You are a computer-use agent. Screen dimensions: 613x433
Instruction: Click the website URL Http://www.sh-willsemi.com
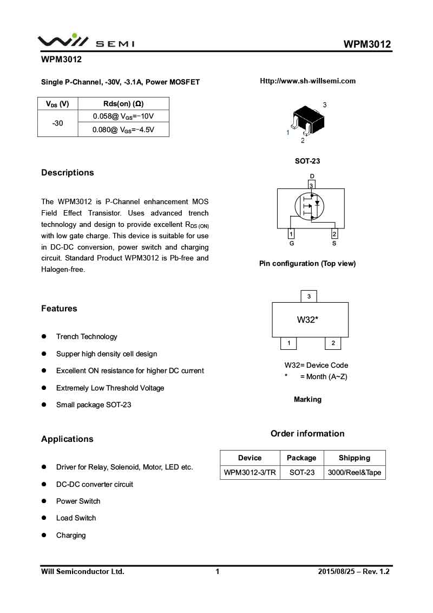tap(307, 81)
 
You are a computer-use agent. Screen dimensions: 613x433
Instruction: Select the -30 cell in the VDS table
tap(57, 123)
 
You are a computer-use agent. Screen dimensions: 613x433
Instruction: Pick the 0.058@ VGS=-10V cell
tap(123, 116)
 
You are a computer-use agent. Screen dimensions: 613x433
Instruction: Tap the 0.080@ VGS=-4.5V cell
tap(123, 130)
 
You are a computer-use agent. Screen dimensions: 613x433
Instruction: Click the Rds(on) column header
tap(123, 104)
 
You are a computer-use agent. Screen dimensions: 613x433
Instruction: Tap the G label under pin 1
tap(291, 244)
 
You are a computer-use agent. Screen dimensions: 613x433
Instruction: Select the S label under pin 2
tap(334, 244)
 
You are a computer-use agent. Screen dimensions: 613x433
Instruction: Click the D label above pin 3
tap(312, 176)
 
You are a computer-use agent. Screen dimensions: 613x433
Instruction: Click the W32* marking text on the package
tap(307, 319)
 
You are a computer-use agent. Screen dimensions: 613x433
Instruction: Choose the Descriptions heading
tap(68, 173)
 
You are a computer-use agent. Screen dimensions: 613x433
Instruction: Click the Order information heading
tap(307, 434)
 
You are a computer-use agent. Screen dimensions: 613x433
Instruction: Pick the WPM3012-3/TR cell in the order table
tap(250, 472)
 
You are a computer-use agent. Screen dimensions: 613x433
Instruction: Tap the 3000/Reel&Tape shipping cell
tap(355, 472)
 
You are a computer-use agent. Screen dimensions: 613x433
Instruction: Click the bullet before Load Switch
tap(44, 518)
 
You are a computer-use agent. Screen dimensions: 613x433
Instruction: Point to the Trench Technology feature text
tap(87, 337)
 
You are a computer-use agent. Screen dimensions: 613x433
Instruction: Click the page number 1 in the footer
tap(218, 571)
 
